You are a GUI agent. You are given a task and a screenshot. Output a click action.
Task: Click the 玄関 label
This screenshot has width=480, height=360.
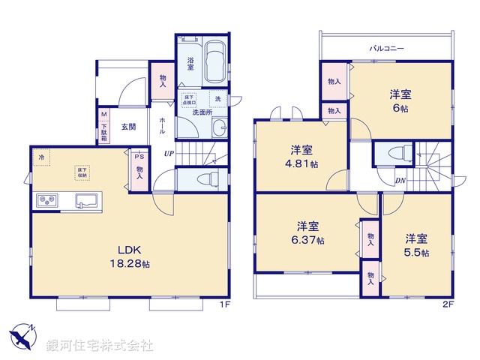coord(128,127)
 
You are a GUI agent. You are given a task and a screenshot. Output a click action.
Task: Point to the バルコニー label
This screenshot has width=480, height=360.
coord(386,48)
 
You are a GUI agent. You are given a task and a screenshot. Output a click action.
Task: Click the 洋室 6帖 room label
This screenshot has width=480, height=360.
coord(400,100)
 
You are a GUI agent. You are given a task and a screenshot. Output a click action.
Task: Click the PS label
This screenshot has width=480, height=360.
coord(139,157)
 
